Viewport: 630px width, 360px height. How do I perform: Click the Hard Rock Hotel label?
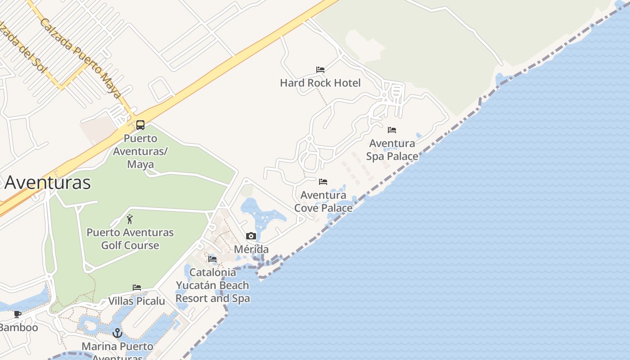(320, 83)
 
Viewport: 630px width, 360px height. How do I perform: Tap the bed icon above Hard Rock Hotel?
(320, 70)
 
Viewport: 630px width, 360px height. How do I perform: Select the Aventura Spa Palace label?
(392, 149)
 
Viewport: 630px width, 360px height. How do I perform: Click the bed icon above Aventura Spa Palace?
(392, 130)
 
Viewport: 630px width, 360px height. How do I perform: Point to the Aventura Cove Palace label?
(323, 201)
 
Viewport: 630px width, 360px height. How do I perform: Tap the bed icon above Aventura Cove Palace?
(323, 182)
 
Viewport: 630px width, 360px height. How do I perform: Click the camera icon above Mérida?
(251, 236)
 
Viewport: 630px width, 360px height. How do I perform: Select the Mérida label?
(251, 249)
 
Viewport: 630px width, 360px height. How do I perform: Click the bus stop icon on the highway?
(140, 125)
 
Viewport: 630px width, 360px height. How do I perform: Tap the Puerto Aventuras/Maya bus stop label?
(140, 151)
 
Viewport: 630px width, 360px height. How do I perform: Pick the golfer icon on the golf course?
(130, 220)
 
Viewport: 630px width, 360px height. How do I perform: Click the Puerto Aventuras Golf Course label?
(130, 239)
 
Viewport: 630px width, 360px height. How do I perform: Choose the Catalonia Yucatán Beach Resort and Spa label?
(212, 285)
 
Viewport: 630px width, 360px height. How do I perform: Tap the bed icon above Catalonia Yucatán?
(212, 259)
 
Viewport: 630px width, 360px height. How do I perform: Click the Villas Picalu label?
(137, 301)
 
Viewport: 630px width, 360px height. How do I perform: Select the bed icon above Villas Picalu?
(137, 288)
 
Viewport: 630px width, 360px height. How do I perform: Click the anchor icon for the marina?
(117, 333)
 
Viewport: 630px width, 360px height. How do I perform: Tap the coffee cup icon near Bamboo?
(18, 314)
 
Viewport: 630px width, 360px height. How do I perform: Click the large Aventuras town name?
(47, 183)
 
